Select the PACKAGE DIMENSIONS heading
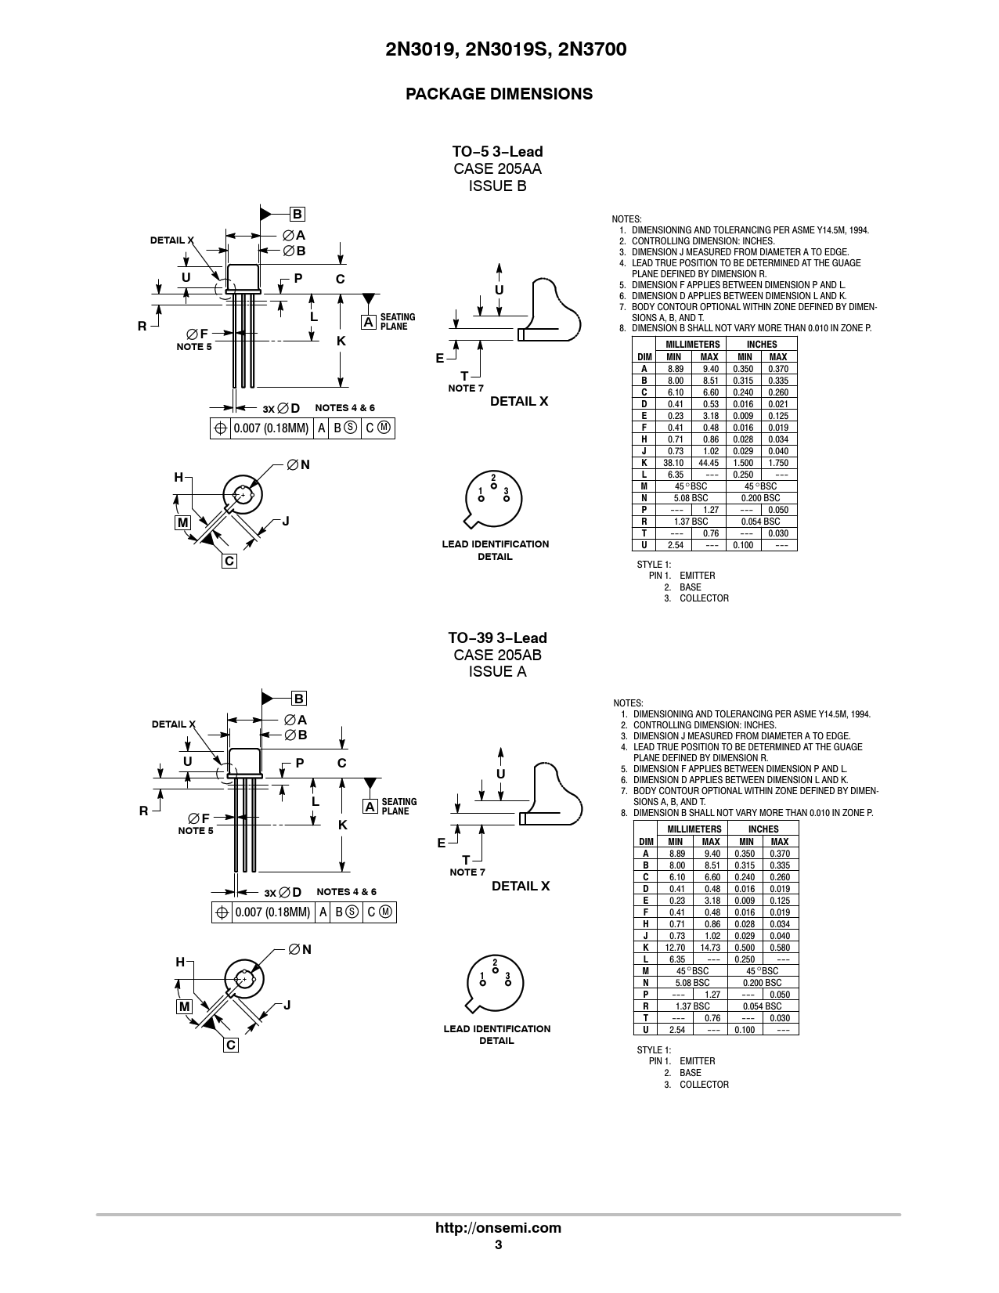click(x=499, y=94)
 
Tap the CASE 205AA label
click(x=497, y=168)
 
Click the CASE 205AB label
click(x=497, y=655)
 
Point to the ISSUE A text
click(x=497, y=672)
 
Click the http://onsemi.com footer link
click(x=498, y=1228)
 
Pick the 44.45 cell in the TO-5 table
click(x=709, y=463)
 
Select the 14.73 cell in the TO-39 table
click(x=710, y=948)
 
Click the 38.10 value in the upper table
click(x=674, y=463)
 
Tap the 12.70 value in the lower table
click(x=676, y=948)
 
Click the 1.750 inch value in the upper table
click(x=778, y=463)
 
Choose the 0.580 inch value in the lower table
click(x=780, y=948)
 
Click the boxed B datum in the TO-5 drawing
click(x=297, y=214)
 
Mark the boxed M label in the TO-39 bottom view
click(x=184, y=1006)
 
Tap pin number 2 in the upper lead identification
click(x=493, y=477)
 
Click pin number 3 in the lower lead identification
click(x=508, y=976)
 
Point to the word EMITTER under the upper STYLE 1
click(x=697, y=576)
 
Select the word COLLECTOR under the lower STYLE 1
click(x=704, y=1085)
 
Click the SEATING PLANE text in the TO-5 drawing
click(x=398, y=322)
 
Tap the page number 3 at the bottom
click(x=498, y=1245)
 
